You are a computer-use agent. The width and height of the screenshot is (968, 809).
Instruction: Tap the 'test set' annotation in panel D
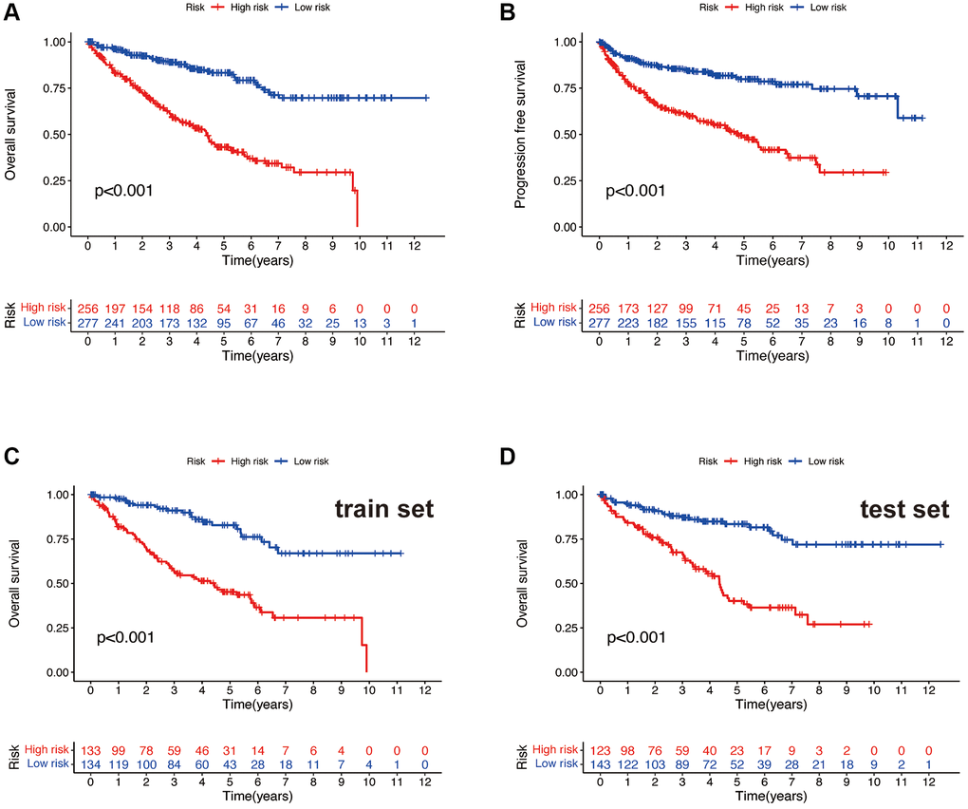pyautogui.click(x=903, y=510)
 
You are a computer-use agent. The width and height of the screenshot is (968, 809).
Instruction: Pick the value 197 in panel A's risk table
pyautogui.click(x=115, y=309)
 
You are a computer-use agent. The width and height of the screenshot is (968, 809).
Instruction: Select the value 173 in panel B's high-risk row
pyautogui.click(x=627, y=309)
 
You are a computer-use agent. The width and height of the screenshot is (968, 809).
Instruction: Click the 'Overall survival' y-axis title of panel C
pyautogui.click(x=14, y=582)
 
